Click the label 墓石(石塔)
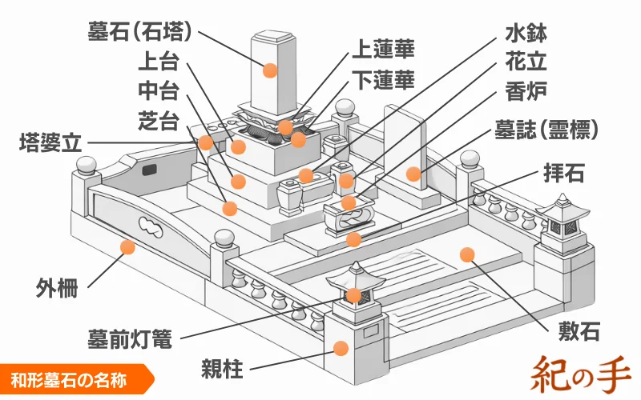[x=140, y=31]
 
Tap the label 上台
[x=158, y=62]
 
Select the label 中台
[x=158, y=91]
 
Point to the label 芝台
[x=158, y=121]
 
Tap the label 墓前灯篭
[x=129, y=338]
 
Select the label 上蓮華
[x=383, y=50]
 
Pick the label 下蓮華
[x=383, y=79]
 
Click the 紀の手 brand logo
[x=580, y=371]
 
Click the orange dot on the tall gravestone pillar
[x=270, y=70]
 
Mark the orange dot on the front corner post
[x=341, y=348]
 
